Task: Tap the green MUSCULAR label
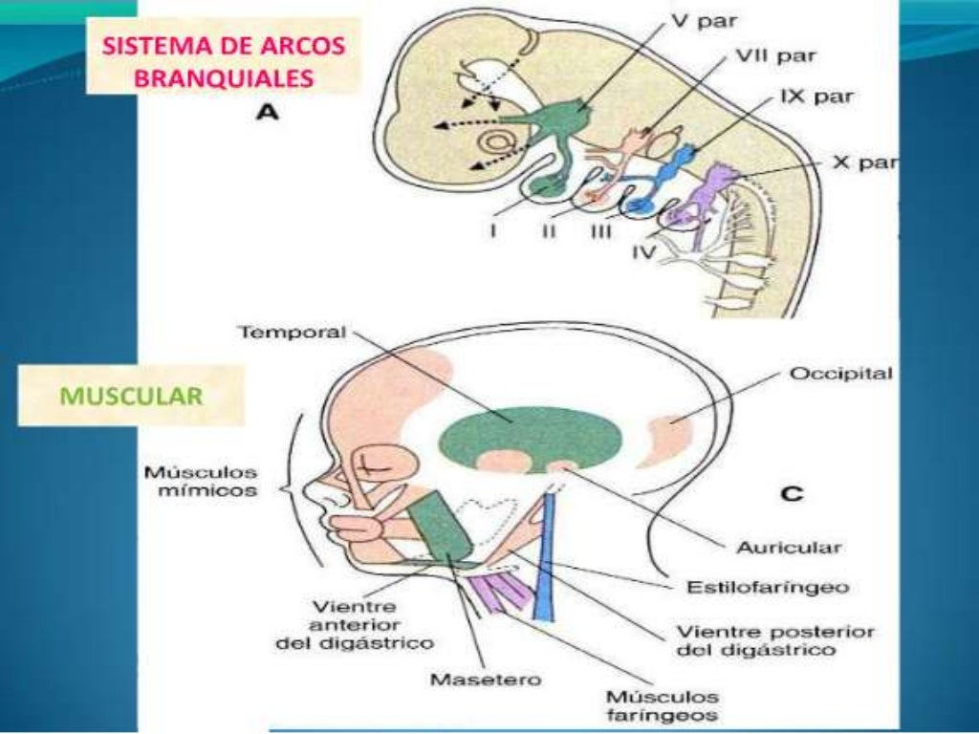pyautogui.click(x=131, y=397)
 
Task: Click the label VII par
pyautogui.click(x=774, y=57)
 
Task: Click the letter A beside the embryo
pyautogui.click(x=267, y=114)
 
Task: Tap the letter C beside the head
pyautogui.click(x=792, y=494)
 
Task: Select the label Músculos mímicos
pyautogui.click(x=201, y=482)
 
